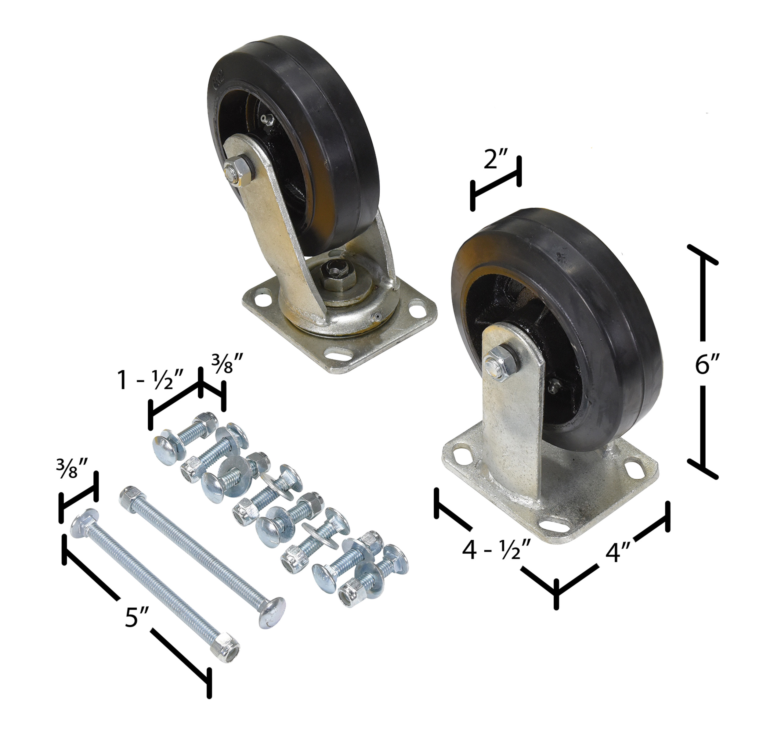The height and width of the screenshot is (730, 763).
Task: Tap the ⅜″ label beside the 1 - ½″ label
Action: (x=227, y=363)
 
